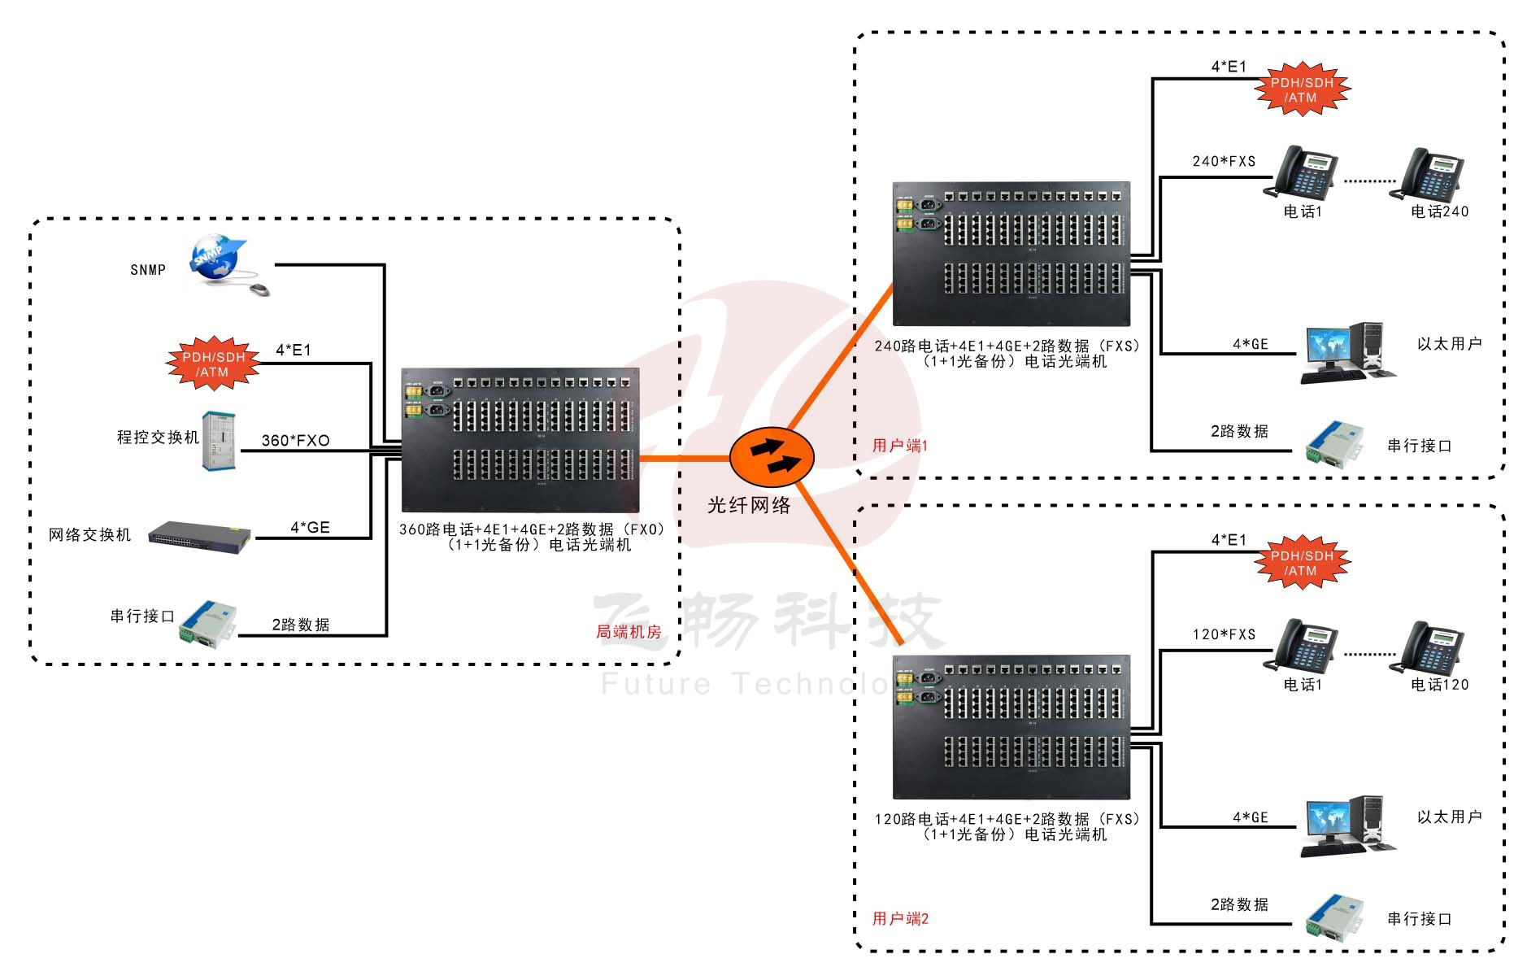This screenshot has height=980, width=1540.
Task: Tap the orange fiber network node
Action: (x=771, y=457)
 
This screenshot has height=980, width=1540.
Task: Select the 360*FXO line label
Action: (x=295, y=440)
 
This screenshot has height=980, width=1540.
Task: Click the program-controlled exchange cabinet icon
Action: (x=219, y=441)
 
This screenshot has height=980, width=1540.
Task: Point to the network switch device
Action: (x=199, y=536)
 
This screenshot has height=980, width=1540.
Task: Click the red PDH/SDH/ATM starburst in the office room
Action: (x=213, y=364)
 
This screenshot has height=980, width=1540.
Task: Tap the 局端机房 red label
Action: (x=629, y=631)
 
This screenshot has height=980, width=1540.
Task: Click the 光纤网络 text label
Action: (x=749, y=505)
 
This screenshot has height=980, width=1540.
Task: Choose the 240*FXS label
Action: (x=1224, y=161)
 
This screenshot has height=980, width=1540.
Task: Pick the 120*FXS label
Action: (x=1224, y=634)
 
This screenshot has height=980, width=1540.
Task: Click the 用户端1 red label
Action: (x=899, y=445)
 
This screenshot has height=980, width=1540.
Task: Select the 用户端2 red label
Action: (x=899, y=918)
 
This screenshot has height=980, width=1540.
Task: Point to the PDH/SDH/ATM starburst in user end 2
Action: (x=1302, y=563)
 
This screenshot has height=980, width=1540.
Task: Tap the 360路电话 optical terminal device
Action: (x=520, y=439)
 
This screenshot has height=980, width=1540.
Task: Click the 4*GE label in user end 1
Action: (x=1250, y=344)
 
